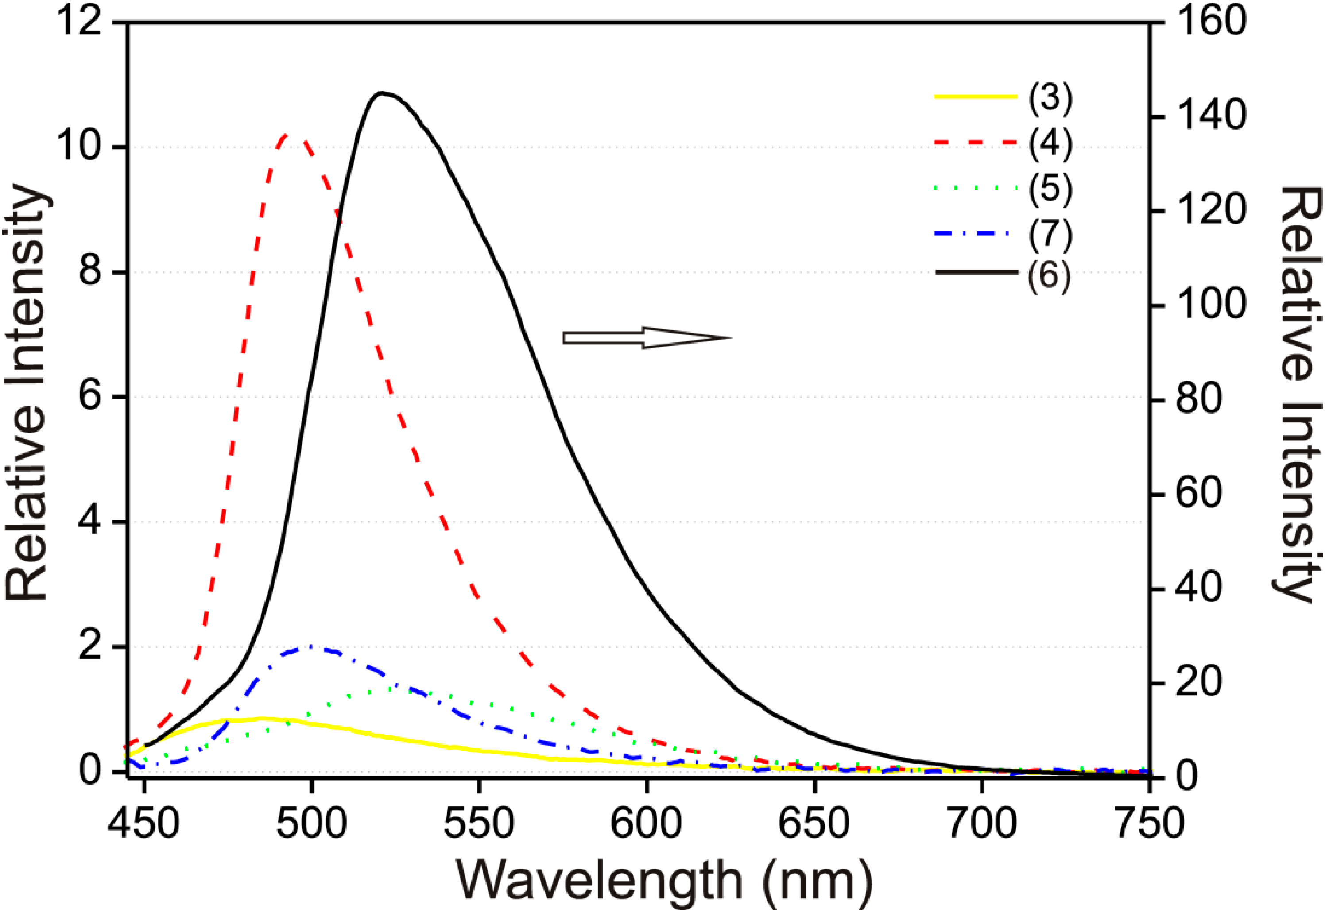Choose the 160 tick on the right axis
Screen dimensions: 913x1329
pyautogui.click(x=1210, y=23)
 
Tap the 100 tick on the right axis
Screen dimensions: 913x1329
pyautogui.click(x=1210, y=305)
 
